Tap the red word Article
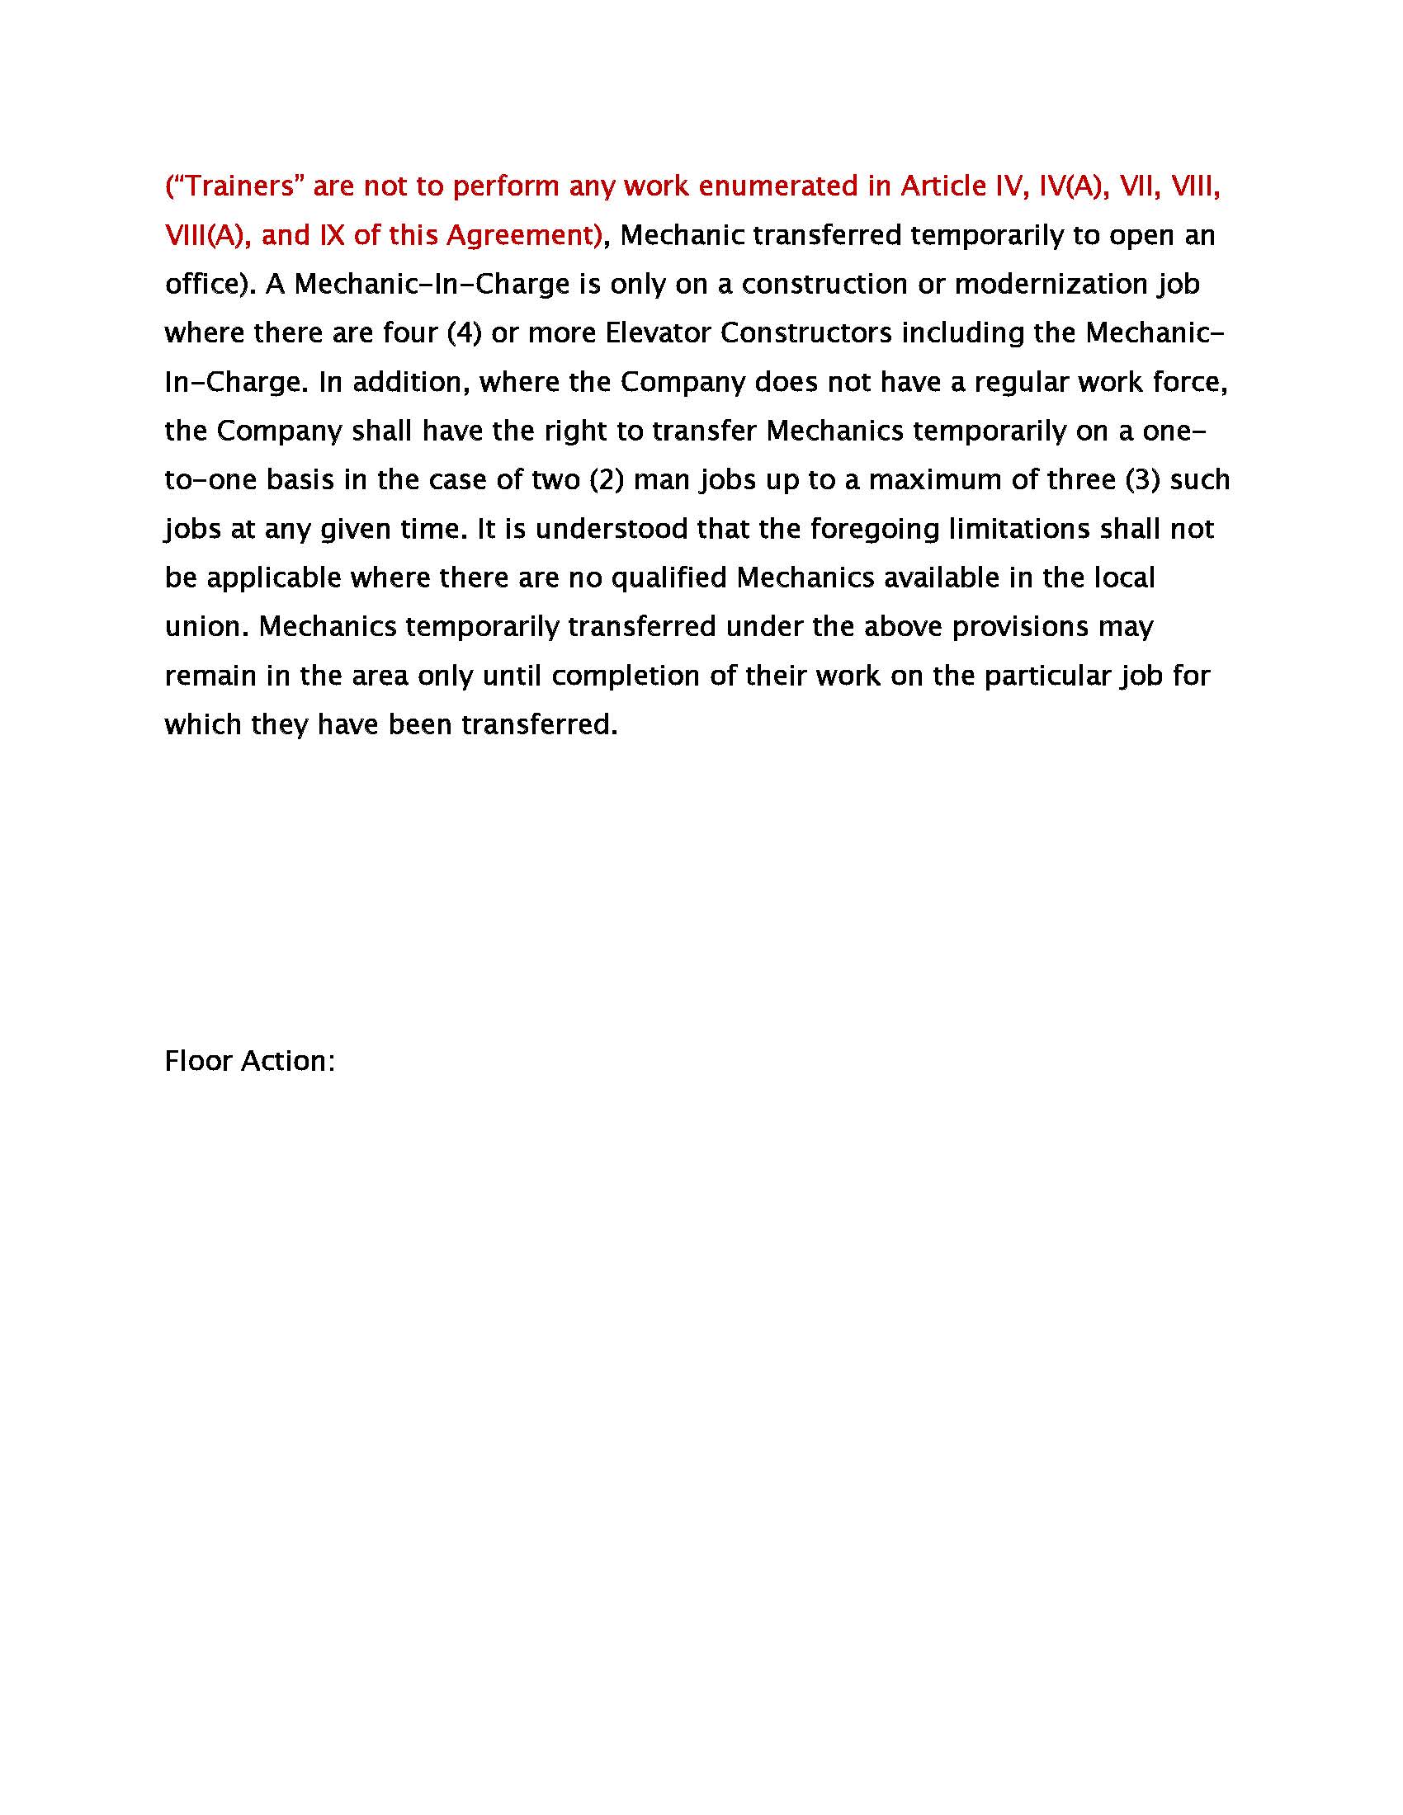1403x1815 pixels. point(943,186)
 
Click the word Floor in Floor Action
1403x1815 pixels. point(198,1061)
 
